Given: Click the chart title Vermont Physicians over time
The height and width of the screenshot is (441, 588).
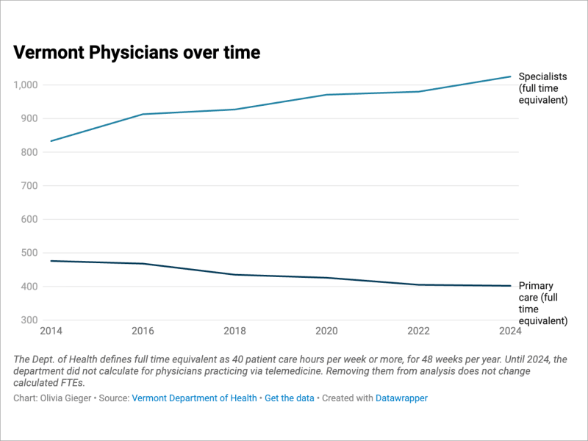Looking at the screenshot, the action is tap(137, 52).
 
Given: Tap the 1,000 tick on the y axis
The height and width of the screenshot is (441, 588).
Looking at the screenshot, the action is tap(26, 85).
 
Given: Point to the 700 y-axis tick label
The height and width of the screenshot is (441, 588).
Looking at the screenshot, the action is tap(29, 186).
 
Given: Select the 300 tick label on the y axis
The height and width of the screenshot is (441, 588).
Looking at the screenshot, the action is tap(29, 320).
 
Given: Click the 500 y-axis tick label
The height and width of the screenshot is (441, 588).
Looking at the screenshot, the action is tap(29, 253).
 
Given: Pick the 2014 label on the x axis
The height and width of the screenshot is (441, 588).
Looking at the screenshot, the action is tap(51, 331).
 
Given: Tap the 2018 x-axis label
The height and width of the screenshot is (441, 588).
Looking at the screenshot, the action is tap(234, 331).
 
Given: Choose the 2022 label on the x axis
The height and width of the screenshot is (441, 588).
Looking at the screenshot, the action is tap(418, 331).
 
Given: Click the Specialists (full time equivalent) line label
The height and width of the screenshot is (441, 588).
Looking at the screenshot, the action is tap(543, 88).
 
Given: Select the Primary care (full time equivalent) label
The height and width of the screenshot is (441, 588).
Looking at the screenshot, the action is tap(543, 303).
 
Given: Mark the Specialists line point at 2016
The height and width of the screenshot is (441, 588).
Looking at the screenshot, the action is tap(143, 114).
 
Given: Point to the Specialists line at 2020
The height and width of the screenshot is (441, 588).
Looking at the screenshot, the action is tap(326, 95).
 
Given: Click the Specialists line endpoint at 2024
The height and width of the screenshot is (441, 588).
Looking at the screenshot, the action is tap(510, 76).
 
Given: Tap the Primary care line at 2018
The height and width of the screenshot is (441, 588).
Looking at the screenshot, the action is tap(234, 274).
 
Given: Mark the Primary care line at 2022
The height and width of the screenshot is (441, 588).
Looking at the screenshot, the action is tap(418, 284).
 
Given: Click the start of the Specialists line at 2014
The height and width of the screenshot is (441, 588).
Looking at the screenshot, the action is tap(51, 141).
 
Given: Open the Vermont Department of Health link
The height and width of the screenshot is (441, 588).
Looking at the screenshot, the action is tap(194, 398).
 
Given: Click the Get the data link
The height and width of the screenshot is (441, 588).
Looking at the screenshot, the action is tap(290, 398).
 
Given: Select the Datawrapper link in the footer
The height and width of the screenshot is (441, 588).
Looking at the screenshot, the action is tap(401, 398).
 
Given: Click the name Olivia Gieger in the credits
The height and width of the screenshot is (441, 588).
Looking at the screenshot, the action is tap(65, 398).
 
